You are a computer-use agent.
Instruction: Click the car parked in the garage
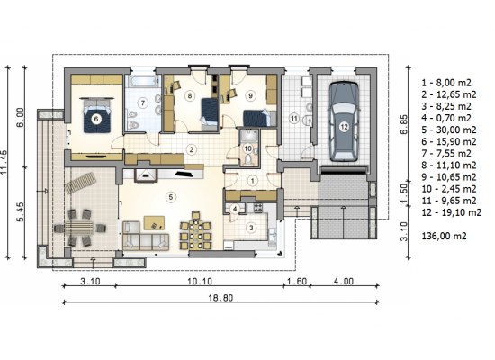(344, 121)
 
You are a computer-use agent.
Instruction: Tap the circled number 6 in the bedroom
(96, 119)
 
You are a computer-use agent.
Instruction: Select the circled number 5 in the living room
(171, 197)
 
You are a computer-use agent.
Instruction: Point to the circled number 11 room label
(294, 119)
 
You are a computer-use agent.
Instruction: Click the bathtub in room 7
(143, 81)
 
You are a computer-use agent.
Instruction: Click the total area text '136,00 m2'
(444, 236)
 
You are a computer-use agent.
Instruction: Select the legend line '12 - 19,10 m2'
(452, 212)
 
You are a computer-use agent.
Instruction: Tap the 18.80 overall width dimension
(220, 298)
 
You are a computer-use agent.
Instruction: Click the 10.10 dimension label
(200, 281)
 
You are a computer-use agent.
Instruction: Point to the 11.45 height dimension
(4, 162)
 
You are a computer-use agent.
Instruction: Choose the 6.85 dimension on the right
(404, 124)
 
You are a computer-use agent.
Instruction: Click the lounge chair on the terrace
(80, 183)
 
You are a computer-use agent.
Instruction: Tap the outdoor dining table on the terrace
(79, 228)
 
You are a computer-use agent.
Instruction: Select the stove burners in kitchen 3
(258, 208)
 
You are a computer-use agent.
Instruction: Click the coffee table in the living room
(155, 223)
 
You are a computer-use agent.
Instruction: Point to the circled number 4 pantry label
(235, 209)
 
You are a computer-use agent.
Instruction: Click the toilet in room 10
(248, 159)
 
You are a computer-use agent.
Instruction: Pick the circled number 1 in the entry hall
(252, 181)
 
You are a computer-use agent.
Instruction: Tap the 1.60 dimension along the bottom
(297, 281)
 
